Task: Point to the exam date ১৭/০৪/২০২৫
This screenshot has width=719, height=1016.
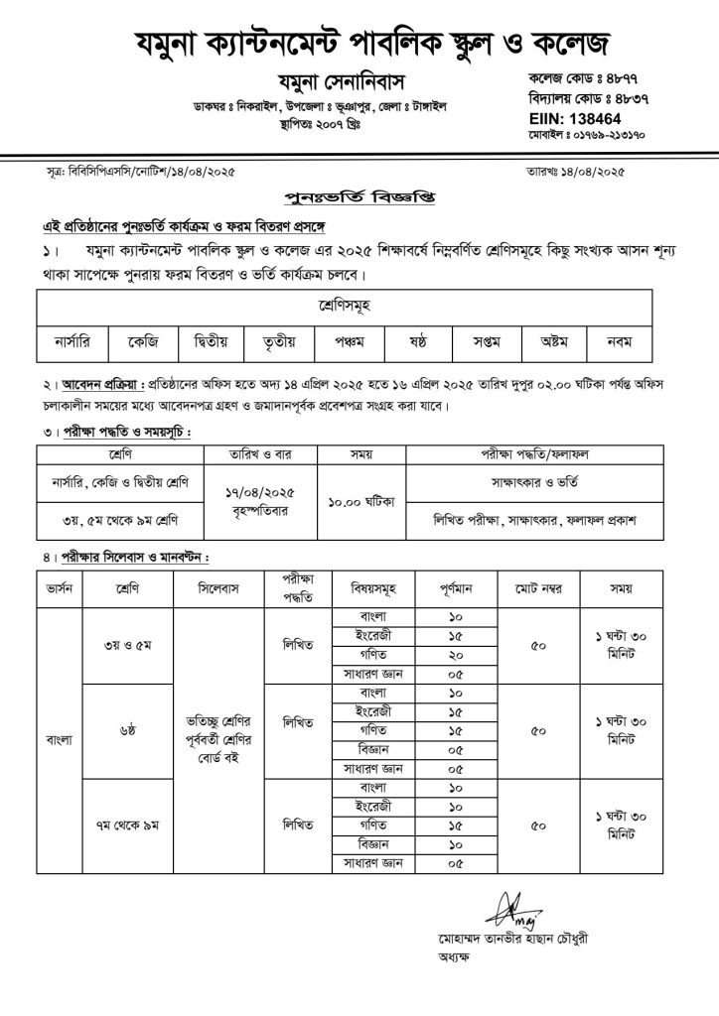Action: click(252, 490)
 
